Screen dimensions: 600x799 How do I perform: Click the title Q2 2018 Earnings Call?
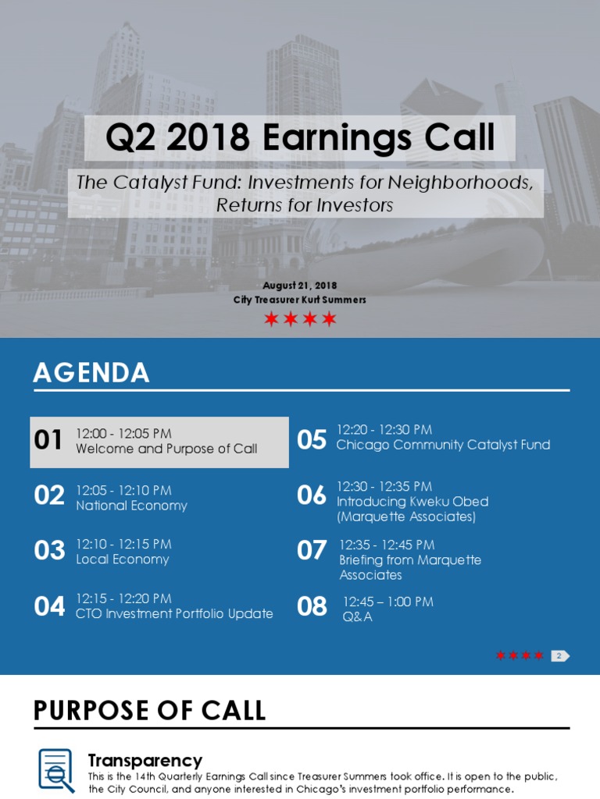click(300, 137)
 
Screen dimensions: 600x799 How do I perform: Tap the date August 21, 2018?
click(300, 286)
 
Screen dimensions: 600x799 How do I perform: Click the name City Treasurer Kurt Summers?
click(300, 300)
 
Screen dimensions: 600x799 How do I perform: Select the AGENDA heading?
click(91, 372)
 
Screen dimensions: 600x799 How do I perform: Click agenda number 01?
click(48, 440)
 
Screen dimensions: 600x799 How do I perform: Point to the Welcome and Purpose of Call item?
click(166, 449)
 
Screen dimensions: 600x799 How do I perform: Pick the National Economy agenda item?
click(131, 506)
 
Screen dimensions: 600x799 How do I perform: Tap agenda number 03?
click(49, 550)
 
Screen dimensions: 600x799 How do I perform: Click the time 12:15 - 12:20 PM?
click(123, 598)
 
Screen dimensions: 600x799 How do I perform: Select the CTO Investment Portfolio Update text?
click(174, 613)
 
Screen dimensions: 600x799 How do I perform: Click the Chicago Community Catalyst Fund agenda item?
click(443, 445)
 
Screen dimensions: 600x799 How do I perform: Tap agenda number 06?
click(312, 495)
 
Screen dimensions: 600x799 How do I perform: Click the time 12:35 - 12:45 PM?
click(387, 545)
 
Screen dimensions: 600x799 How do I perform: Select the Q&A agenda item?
click(357, 616)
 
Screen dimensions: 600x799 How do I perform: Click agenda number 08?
click(312, 606)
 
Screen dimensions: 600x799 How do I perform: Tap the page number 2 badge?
click(559, 655)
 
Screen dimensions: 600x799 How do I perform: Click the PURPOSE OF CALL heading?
click(149, 710)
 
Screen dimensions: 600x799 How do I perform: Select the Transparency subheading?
click(145, 760)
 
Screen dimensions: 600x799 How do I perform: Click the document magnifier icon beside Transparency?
click(56, 770)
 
